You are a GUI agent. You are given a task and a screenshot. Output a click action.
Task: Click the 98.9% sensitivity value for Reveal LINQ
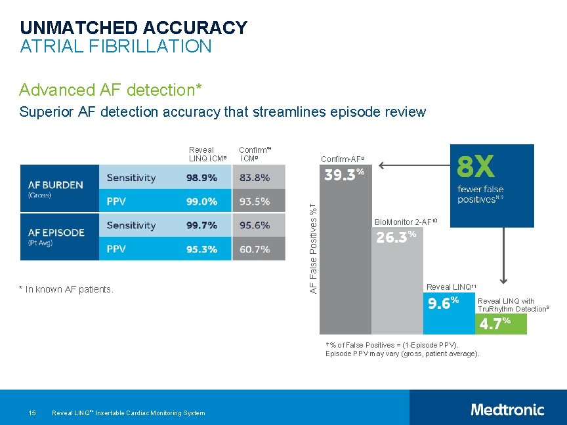coord(201,177)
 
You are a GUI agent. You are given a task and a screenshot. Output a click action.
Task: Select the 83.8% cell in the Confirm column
coord(255,177)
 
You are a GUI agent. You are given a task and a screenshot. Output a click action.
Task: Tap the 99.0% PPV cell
coord(201,201)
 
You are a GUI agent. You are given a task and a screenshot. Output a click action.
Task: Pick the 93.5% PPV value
coord(255,201)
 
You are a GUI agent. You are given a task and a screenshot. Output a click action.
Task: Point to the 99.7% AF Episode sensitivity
coord(201,225)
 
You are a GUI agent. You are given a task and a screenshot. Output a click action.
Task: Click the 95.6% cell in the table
coord(255,225)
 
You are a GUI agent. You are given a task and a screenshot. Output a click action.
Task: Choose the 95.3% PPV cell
coord(201,249)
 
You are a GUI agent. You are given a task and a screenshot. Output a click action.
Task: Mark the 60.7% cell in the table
coord(255,249)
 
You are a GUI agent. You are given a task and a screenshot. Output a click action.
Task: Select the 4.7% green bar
coord(501,323)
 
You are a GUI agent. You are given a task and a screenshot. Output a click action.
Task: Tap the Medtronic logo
coord(507,410)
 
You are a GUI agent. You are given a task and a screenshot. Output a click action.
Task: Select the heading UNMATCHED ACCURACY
coord(133,28)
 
